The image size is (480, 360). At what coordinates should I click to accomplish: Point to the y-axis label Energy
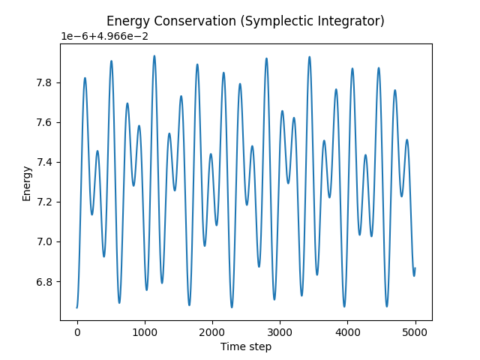tap(27, 183)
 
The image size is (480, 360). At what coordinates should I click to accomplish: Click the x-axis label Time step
tap(246, 346)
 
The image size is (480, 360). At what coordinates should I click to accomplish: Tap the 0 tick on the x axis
tap(77, 331)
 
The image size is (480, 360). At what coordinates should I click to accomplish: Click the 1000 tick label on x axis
tap(145, 331)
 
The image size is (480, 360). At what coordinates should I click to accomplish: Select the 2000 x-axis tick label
tap(212, 331)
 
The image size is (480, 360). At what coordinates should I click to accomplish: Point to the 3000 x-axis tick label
tap(280, 331)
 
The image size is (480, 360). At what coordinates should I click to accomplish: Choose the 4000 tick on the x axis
tap(347, 331)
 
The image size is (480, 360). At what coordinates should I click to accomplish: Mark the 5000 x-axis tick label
tap(415, 331)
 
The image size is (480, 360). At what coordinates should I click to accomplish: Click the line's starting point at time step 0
tap(77, 307)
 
